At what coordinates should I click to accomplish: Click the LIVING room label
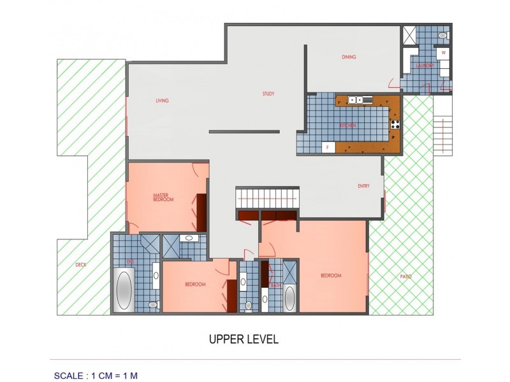tap(162, 101)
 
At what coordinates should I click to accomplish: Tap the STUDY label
tap(268, 94)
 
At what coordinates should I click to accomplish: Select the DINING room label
tap(348, 57)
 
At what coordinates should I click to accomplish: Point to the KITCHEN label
tap(347, 126)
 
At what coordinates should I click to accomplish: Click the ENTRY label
tap(363, 186)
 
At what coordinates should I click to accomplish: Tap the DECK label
tap(80, 264)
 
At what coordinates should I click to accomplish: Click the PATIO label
tap(405, 276)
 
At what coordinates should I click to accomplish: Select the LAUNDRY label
tap(425, 66)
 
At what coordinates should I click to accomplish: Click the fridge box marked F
tap(328, 148)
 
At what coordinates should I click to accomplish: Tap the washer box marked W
tap(443, 53)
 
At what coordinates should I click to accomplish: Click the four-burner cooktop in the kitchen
tap(395, 124)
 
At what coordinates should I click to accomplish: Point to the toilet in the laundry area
tap(443, 36)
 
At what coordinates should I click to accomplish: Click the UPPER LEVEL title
tap(244, 339)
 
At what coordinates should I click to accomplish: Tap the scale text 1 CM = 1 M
tap(96, 375)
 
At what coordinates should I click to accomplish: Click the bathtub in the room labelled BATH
tap(289, 298)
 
